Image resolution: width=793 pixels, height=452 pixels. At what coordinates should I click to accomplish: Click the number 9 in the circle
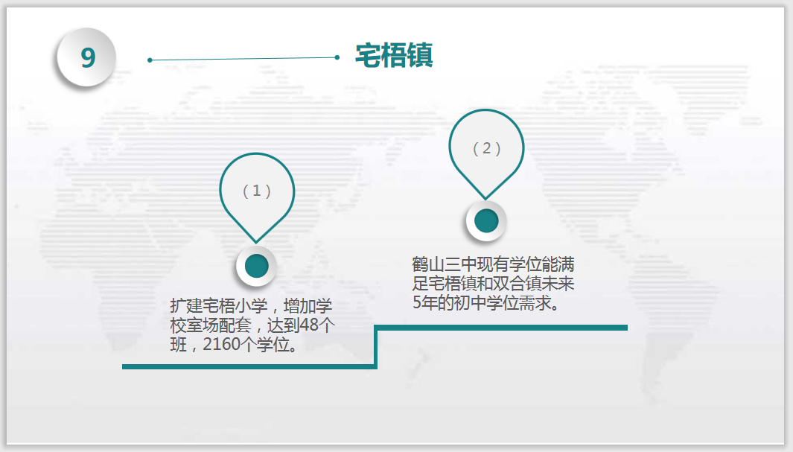pyautogui.click(x=88, y=57)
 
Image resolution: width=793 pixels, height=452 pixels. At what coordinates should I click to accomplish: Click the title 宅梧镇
pyautogui.click(x=394, y=55)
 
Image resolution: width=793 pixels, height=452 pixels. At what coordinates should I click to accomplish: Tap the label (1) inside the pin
pyautogui.click(x=257, y=191)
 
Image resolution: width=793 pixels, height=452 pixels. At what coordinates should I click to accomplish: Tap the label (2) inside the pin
pyautogui.click(x=486, y=148)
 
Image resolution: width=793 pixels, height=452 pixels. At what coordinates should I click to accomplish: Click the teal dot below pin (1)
pyautogui.click(x=256, y=266)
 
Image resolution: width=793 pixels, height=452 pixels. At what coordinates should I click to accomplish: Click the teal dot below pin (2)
pyautogui.click(x=486, y=221)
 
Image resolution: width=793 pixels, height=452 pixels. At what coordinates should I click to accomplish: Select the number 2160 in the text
pyautogui.click(x=221, y=344)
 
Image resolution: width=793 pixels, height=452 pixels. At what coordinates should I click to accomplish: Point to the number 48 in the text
pyautogui.click(x=309, y=325)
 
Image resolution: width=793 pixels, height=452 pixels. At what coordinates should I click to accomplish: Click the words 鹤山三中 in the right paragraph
pyautogui.click(x=445, y=264)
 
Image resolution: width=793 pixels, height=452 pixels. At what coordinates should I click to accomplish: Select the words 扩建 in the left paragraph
pyautogui.click(x=186, y=306)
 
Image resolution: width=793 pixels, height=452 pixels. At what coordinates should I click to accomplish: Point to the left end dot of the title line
pyautogui.click(x=150, y=60)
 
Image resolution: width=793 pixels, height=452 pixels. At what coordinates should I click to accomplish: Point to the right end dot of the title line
pyautogui.click(x=337, y=57)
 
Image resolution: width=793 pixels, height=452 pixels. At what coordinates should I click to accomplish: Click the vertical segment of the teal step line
pyautogui.click(x=376, y=347)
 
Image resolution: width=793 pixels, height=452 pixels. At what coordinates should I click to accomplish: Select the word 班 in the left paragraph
pyautogui.click(x=178, y=344)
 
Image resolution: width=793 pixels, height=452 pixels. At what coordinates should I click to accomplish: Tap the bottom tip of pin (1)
pyautogui.click(x=256, y=243)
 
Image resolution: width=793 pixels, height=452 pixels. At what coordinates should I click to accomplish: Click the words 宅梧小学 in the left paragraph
pyautogui.click(x=235, y=306)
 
